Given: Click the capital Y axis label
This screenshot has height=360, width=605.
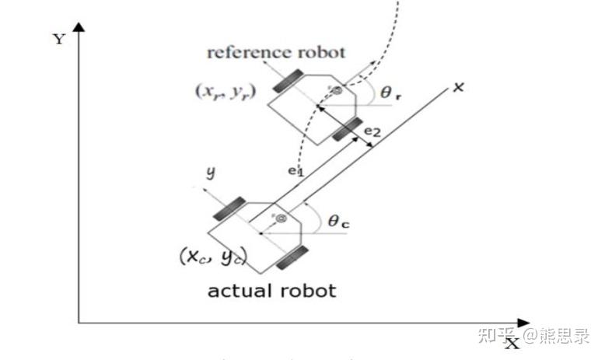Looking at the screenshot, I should click(59, 39).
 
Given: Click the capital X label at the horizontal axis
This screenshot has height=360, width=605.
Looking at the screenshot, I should click(510, 343).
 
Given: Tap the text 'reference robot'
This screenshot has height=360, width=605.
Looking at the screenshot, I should click(276, 53).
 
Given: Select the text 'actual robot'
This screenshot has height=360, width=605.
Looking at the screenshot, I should click(271, 291).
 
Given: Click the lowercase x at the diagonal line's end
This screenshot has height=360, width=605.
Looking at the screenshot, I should click(458, 87).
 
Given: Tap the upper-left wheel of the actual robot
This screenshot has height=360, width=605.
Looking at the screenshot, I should click(228, 208).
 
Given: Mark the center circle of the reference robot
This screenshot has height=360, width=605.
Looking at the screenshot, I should click(337, 92).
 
